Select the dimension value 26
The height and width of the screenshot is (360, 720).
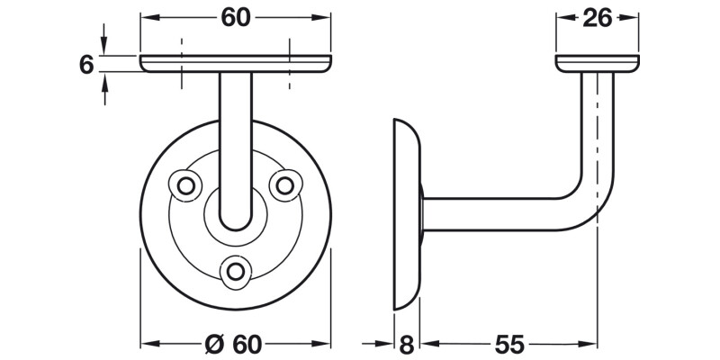pos(598,17)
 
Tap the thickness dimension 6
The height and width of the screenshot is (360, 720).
pos(87,65)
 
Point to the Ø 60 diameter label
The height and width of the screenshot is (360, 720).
pos(235,345)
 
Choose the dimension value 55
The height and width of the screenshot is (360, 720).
pos(508,345)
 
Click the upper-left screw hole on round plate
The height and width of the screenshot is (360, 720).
pos(187,184)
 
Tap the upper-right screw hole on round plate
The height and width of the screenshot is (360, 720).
pos(284,184)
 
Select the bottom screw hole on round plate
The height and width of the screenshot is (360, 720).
pos(237,269)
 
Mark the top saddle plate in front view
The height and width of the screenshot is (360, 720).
pos(236,63)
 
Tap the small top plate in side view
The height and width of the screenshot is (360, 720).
pos(598,62)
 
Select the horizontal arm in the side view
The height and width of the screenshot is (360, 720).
pos(504,212)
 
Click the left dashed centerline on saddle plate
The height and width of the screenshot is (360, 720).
pos(182,63)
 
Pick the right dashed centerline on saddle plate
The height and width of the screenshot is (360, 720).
pos(290,63)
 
